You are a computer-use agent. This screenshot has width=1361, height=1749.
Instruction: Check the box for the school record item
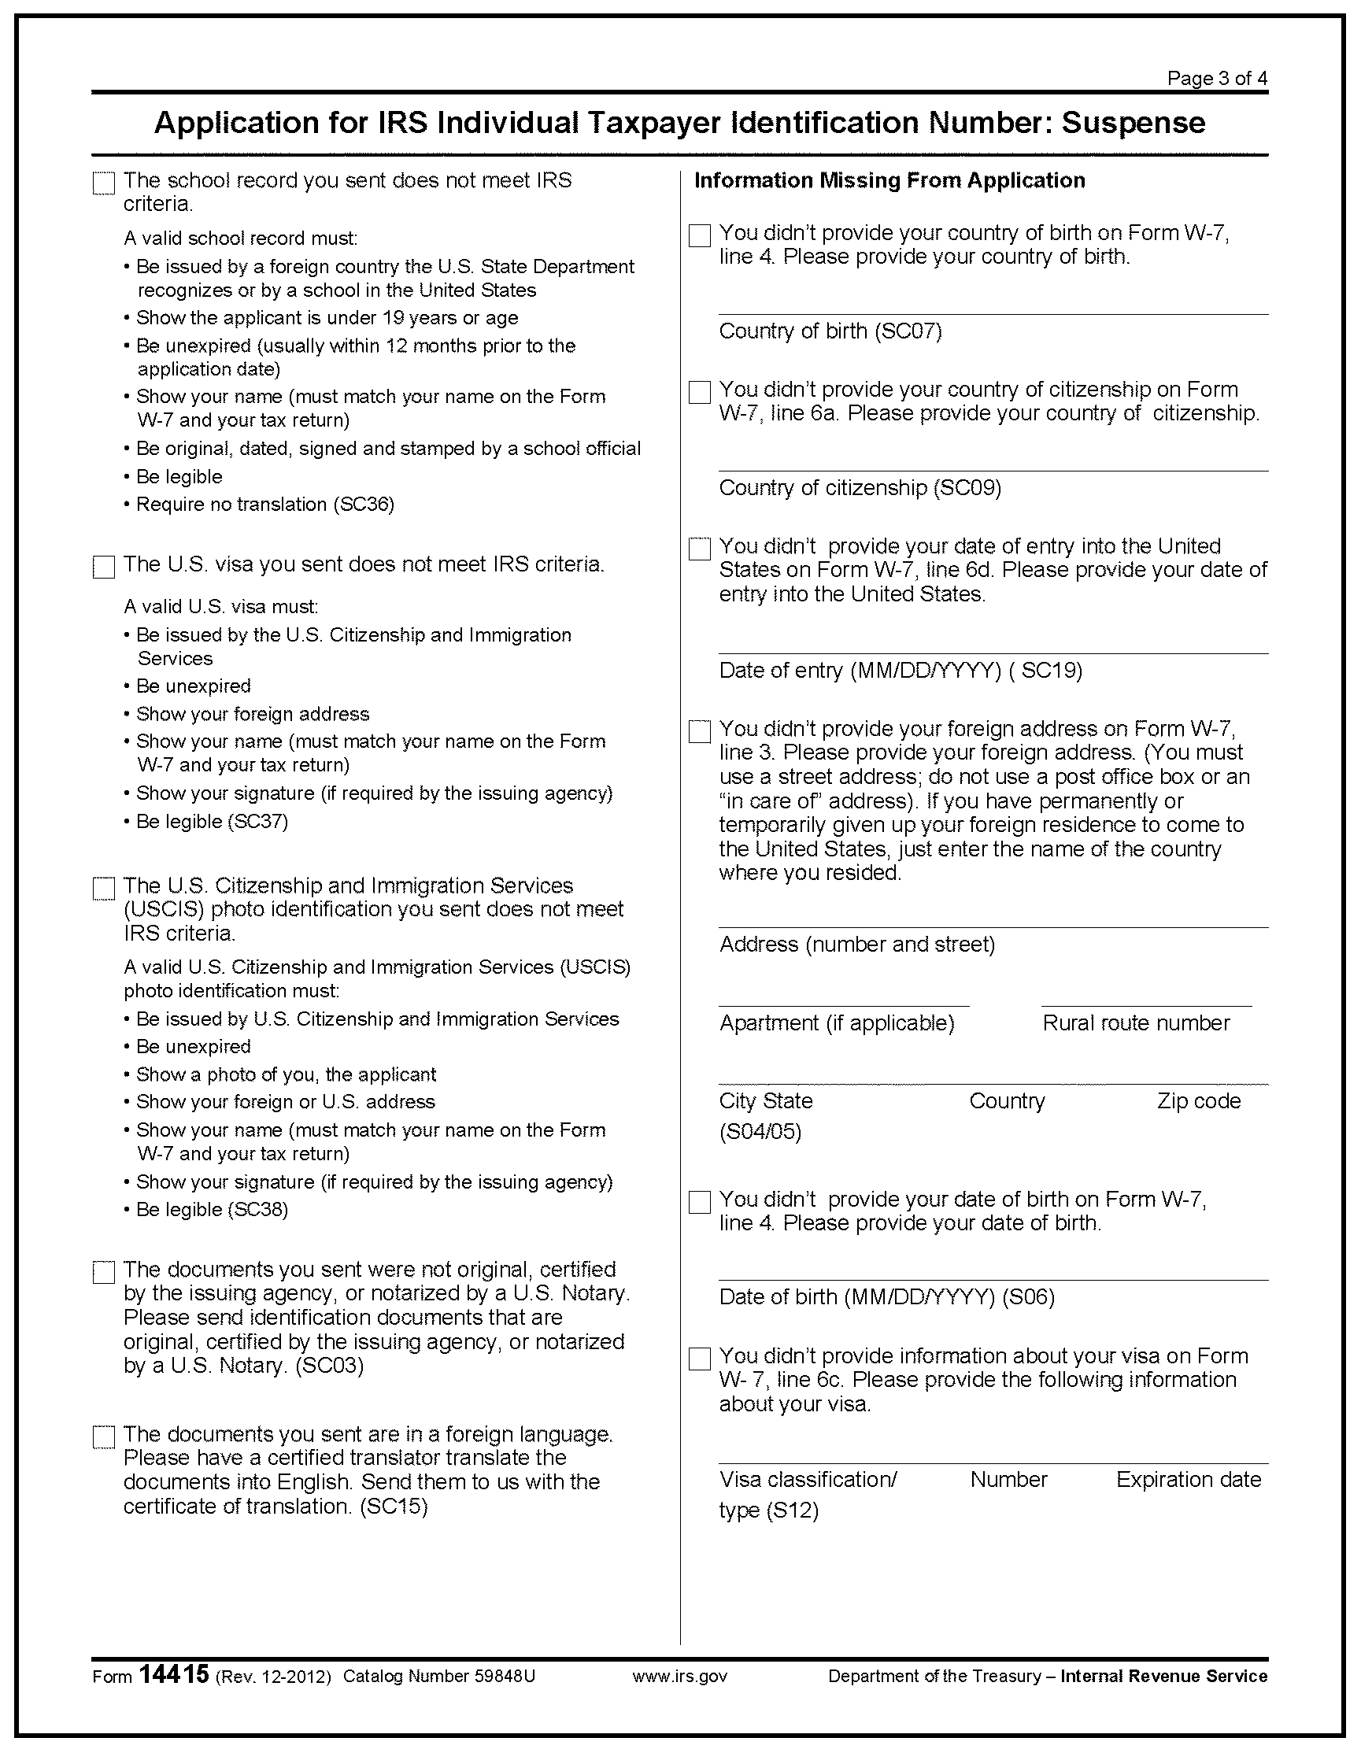click(x=103, y=183)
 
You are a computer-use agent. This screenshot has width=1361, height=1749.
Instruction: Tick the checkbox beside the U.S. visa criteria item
click(x=103, y=567)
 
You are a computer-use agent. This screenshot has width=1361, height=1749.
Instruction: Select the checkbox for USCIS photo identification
click(x=103, y=888)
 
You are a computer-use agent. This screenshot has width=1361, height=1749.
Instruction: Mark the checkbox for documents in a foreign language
click(x=103, y=1437)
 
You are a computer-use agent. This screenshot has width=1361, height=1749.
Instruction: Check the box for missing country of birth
click(x=699, y=235)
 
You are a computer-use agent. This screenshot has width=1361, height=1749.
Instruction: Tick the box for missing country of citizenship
click(x=699, y=393)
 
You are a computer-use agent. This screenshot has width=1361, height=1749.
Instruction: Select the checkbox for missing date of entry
click(x=699, y=549)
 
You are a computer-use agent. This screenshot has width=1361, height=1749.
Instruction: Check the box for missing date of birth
click(x=699, y=1202)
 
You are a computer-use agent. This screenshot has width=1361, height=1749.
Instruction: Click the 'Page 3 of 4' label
click(x=1217, y=79)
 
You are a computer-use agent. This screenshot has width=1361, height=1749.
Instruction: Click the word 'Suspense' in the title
click(x=1133, y=123)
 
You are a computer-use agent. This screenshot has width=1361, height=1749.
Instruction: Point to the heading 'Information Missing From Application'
click(x=889, y=180)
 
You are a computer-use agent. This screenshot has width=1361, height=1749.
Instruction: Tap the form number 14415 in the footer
click(x=174, y=1674)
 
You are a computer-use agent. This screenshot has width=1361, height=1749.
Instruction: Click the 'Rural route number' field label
click(x=1135, y=1022)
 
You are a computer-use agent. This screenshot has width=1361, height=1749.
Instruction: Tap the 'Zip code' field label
click(x=1198, y=1101)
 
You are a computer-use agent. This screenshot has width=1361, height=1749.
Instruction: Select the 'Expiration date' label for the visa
click(x=1188, y=1479)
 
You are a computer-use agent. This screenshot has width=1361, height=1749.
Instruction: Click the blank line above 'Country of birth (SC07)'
click(x=993, y=313)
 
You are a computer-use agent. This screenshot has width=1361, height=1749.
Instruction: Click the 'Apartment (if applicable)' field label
click(x=836, y=1022)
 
